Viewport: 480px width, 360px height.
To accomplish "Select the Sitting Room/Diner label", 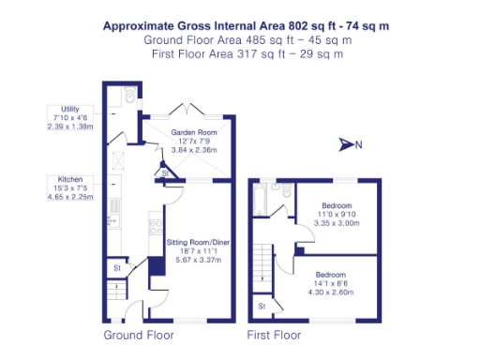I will tap(199, 243).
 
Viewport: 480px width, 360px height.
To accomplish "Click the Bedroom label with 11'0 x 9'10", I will tap(337, 204).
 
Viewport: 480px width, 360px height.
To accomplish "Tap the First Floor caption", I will tap(274, 335).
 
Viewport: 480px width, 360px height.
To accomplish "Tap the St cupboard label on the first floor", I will tap(262, 306).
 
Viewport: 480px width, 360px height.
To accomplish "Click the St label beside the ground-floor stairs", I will tap(118, 269).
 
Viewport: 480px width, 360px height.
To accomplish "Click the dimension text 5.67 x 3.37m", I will tap(199, 260).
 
